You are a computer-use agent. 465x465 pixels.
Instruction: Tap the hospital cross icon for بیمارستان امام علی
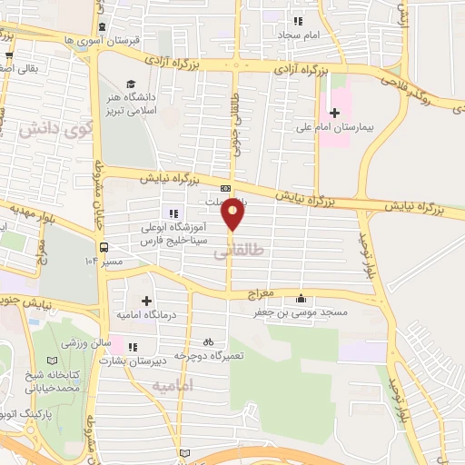click(x=334, y=113)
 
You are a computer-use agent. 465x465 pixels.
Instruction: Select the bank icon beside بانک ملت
click(x=225, y=189)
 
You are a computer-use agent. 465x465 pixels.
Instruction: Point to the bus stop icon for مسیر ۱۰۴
click(x=104, y=247)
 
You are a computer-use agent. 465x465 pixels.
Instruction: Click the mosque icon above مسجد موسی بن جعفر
click(x=301, y=298)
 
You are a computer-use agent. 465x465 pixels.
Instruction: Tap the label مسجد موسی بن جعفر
click(x=301, y=312)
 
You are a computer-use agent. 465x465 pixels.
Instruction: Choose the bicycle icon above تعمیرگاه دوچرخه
click(x=208, y=342)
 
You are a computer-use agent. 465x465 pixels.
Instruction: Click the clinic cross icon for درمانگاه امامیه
click(x=146, y=301)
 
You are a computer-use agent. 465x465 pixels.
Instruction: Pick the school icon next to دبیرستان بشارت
click(x=134, y=346)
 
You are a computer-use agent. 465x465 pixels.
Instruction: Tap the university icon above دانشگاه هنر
click(x=134, y=84)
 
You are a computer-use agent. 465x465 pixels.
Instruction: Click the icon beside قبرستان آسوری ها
click(x=100, y=26)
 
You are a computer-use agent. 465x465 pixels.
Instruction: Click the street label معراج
click(x=261, y=296)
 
